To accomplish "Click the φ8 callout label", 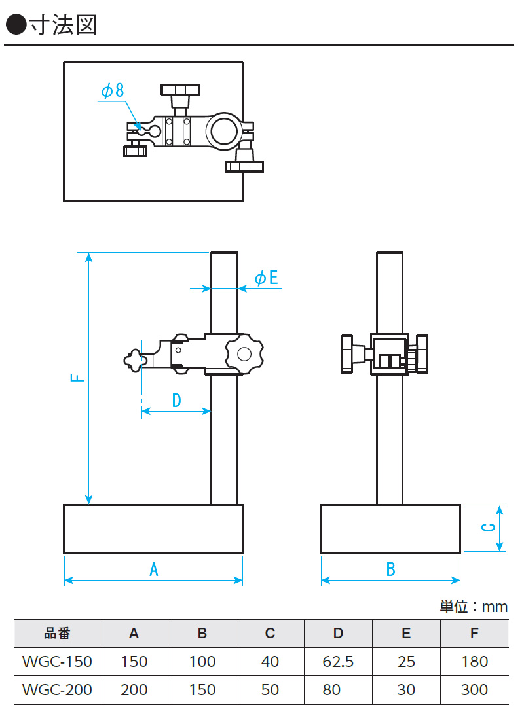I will coord(112,91).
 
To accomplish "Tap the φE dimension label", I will coord(266,278).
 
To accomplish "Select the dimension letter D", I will coord(176,400).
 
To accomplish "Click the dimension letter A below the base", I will coord(154,569).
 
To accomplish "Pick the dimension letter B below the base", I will coord(390,569).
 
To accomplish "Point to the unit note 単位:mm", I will coord(473,607).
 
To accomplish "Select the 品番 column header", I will coord(57,634).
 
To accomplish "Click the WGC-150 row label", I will coord(57,662).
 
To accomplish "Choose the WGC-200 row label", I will coord(57,690).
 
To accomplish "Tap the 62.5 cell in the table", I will coord(338,662).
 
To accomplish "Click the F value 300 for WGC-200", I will coord(474,690).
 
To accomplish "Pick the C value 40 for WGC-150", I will coord(270,662).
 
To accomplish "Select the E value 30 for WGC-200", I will coord(406,690).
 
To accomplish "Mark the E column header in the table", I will coord(406,634).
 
